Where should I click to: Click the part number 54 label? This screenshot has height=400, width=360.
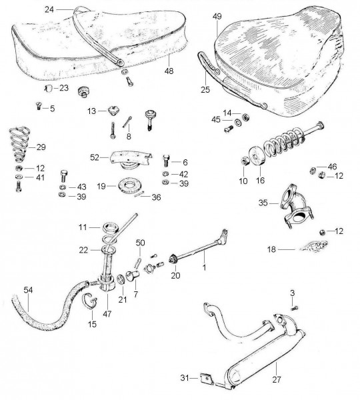tap(28, 290)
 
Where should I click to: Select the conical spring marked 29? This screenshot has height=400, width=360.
tap(19, 145)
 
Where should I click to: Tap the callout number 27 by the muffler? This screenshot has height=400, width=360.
tap(276, 379)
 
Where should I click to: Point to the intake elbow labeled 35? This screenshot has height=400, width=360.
tap(296, 207)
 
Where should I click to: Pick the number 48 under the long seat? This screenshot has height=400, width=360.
tap(169, 71)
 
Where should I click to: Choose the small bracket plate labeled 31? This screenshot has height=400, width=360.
tap(207, 379)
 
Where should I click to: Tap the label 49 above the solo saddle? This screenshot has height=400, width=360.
tap(217, 17)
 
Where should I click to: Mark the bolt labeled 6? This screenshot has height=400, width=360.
tap(165, 161)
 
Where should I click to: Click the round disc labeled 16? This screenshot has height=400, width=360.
tap(256, 155)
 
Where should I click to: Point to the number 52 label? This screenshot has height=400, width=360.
tap(95, 157)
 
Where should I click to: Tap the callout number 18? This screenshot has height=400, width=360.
tap(271, 249)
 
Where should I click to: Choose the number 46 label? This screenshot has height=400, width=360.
tap(332, 167)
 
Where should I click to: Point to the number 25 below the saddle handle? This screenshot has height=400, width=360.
tap(205, 90)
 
